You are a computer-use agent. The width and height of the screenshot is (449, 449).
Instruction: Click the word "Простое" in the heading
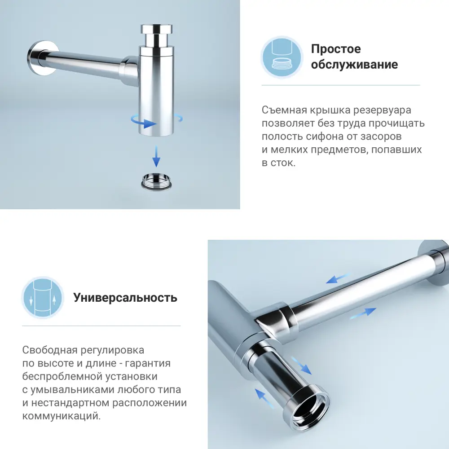point(336,48)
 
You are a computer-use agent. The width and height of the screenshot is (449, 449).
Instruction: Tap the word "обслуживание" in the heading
point(354,64)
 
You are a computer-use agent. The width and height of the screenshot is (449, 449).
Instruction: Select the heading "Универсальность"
point(125,297)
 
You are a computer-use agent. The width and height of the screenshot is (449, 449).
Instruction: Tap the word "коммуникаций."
point(61,416)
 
